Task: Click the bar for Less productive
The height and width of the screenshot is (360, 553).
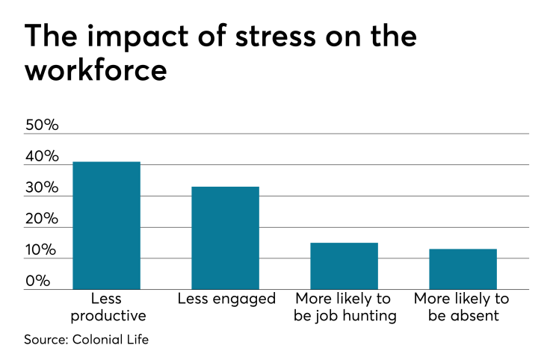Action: pyautogui.click(x=106, y=226)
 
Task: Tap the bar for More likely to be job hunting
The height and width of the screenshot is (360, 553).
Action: pyautogui.click(x=344, y=266)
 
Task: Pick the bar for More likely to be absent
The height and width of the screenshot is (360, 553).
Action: pyautogui.click(x=463, y=269)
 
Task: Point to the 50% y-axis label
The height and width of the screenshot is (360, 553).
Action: pyautogui.click(x=42, y=125)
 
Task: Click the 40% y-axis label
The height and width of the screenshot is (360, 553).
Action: pyautogui.click(x=42, y=157)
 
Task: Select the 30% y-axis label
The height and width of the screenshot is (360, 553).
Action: pyautogui.click(x=42, y=188)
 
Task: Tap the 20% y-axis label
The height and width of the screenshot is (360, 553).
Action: pyautogui.click(x=42, y=220)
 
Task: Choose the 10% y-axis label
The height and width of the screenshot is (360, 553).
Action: pyautogui.click(x=42, y=250)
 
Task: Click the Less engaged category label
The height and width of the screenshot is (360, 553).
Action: pyautogui.click(x=226, y=299)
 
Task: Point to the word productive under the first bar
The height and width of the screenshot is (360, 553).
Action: pyautogui.click(x=106, y=315)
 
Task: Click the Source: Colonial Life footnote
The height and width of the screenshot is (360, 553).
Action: pyautogui.click(x=85, y=339)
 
